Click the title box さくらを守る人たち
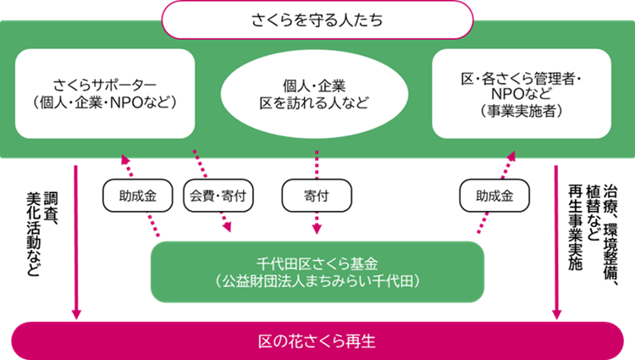pos(317,19)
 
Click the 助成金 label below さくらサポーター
pos(137,196)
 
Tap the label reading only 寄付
pos(316,196)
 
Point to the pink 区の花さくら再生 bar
pos(317,341)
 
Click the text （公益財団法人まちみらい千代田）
pos(317,277)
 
